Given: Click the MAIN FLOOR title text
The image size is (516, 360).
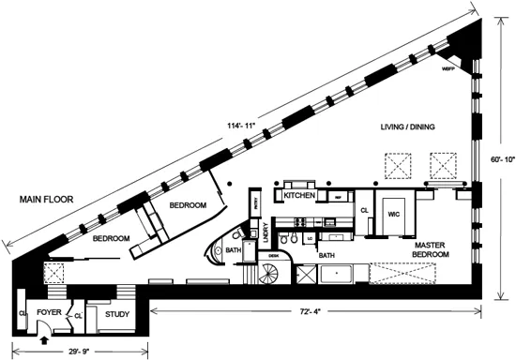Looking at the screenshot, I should pyautogui.click(x=41, y=200).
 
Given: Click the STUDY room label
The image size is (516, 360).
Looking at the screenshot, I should pyautogui.click(x=116, y=314).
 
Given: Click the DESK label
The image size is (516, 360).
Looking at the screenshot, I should pyautogui.click(x=275, y=254).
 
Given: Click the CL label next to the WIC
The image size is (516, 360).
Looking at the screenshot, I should pyautogui.click(x=364, y=212).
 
